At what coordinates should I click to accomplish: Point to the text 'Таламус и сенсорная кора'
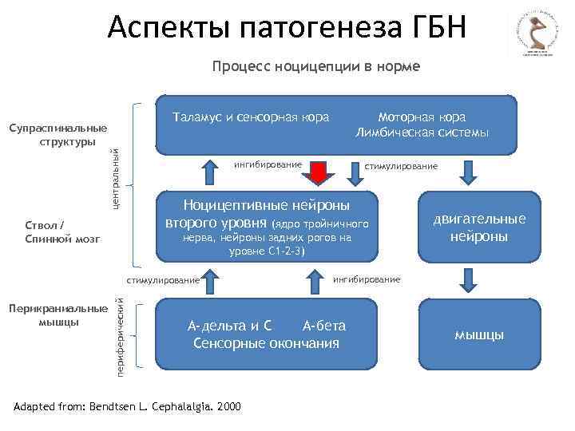point(251,117)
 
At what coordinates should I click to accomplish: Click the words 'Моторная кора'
point(422,117)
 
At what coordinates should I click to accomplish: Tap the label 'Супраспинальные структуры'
point(57,135)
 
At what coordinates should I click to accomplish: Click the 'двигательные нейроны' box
point(479,227)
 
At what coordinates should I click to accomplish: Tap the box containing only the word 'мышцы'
point(479,334)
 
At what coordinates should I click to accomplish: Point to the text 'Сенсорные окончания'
point(267,343)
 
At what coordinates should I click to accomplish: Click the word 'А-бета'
point(324,326)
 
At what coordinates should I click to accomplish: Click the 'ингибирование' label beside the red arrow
point(268,164)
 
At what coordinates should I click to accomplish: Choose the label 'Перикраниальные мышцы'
point(57,315)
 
